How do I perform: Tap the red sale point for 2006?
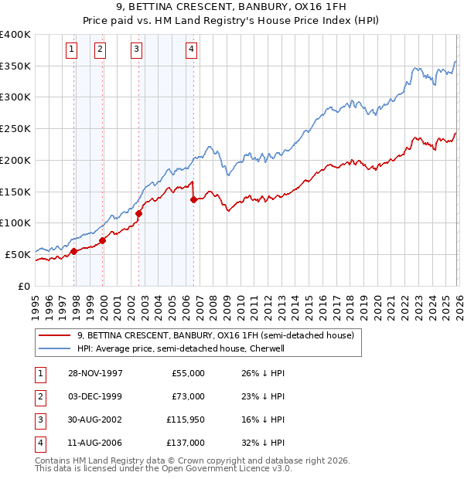tap(193, 200)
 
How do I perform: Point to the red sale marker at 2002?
tap(139, 213)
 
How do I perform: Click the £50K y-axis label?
tap(17, 253)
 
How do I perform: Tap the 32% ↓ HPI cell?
tap(263, 443)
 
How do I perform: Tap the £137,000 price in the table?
tap(187, 443)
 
